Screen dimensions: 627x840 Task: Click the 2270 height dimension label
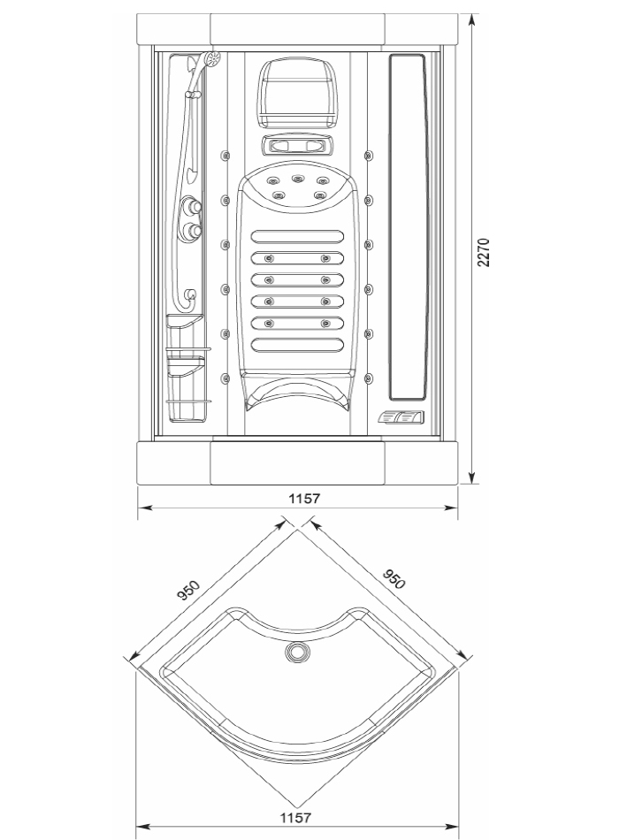483,252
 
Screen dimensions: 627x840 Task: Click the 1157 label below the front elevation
304,499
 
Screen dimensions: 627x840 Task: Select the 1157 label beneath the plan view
295,818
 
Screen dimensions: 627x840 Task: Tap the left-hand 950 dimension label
188,590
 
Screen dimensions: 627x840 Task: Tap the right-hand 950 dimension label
394,578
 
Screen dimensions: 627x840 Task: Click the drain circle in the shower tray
297,652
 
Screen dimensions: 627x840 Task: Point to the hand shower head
212,59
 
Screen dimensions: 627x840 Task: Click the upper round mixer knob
191,206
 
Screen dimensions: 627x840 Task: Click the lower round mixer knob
191,231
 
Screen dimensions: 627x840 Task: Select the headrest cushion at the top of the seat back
297,94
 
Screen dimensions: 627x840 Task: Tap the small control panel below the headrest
297,146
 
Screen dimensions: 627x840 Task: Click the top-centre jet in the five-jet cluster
297,179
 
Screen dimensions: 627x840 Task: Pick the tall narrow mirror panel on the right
407,227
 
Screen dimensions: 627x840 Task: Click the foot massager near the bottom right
401,417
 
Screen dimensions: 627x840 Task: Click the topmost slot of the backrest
297,237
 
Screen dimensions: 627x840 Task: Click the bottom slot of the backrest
297,345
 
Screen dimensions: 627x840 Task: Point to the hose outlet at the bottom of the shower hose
190,294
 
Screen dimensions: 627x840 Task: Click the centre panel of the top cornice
297,29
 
